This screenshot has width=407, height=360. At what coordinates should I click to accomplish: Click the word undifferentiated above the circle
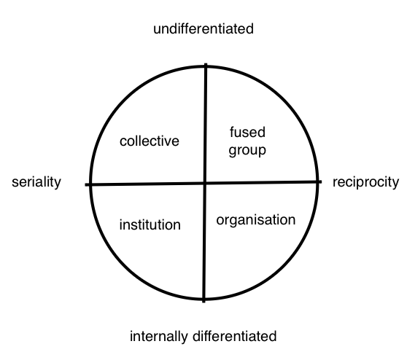(204, 28)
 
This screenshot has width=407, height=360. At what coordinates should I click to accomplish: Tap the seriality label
(36, 182)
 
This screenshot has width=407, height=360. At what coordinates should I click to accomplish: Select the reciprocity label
(365, 182)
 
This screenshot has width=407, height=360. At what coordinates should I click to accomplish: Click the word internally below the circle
(158, 337)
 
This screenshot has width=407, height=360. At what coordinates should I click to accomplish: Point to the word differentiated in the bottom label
(234, 336)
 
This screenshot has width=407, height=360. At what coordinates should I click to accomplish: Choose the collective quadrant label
(150, 141)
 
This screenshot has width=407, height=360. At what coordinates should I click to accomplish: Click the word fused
(247, 132)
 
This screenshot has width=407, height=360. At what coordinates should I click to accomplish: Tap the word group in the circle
(247, 151)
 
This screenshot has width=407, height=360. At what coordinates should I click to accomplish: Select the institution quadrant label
(150, 224)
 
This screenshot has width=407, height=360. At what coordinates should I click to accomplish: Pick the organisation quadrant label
(256, 220)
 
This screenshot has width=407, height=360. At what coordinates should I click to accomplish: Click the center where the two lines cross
(205, 183)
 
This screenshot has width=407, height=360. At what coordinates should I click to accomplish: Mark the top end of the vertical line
(206, 64)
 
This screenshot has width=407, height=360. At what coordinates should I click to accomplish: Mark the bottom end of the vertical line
(204, 302)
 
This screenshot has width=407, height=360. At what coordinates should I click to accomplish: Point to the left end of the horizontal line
(85, 184)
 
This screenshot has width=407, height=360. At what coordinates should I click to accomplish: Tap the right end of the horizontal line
(322, 182)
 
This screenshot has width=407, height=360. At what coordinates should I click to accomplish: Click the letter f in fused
(232, 132)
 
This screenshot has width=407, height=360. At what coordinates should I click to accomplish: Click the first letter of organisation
(220, 221)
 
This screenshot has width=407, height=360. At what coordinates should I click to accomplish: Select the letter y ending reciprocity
(395, 184)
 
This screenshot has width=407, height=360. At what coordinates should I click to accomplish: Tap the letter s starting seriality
(15, 183)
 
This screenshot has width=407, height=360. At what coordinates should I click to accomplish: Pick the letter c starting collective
(123, 142)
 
